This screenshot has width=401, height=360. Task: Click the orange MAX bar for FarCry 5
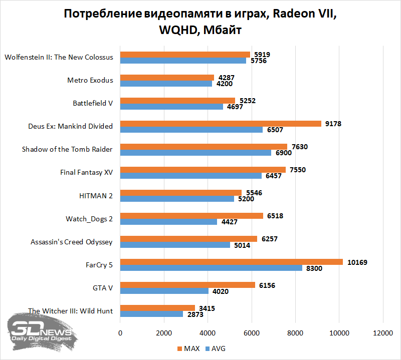pyautogui.click(x=231, y=262)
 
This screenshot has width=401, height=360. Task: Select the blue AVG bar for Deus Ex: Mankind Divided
pyautogui.click(x=191, y=130)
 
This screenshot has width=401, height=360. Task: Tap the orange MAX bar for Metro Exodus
pyautogui.click(x=167, y=78)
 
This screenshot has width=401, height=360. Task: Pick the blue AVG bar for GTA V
pyautogui.click(x=164, y=291)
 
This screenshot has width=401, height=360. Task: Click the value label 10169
pyautogui.click(x=357, y=262)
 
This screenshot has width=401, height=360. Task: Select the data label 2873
pyautogui.click(x=195, y=314)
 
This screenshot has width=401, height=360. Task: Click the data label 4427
pyautogui.click(x=229, y=222)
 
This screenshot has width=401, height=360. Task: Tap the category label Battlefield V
pyautogui.click(x=93, y=103)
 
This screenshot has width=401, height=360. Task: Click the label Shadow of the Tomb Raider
pyautogui.click(x=67, y=149)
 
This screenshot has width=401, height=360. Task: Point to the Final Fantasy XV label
pyautogui.click(x=86, y=173)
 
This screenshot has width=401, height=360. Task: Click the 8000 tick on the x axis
pyautogui.click(x=295, y=333)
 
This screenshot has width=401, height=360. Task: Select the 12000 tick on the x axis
pyautogui.click(x=383, y=333)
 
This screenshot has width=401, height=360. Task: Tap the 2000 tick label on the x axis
pyautogui.click(x=164, y=333)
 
